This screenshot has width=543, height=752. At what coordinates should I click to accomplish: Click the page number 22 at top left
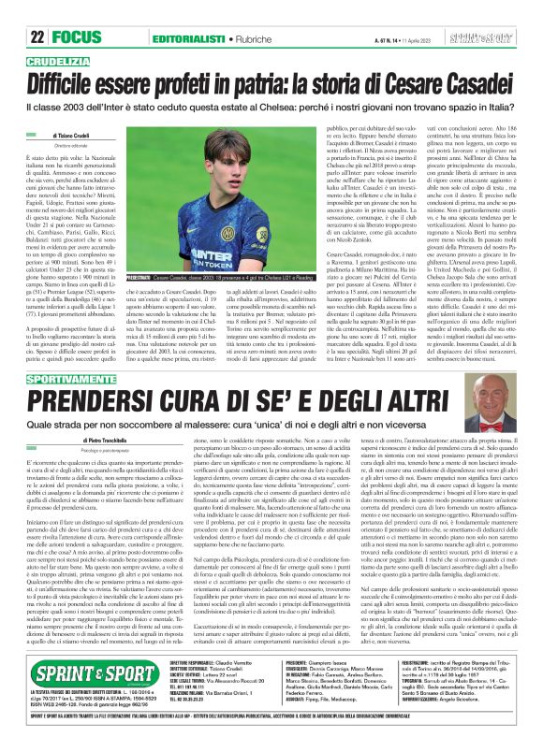click(x=13, y=12)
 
